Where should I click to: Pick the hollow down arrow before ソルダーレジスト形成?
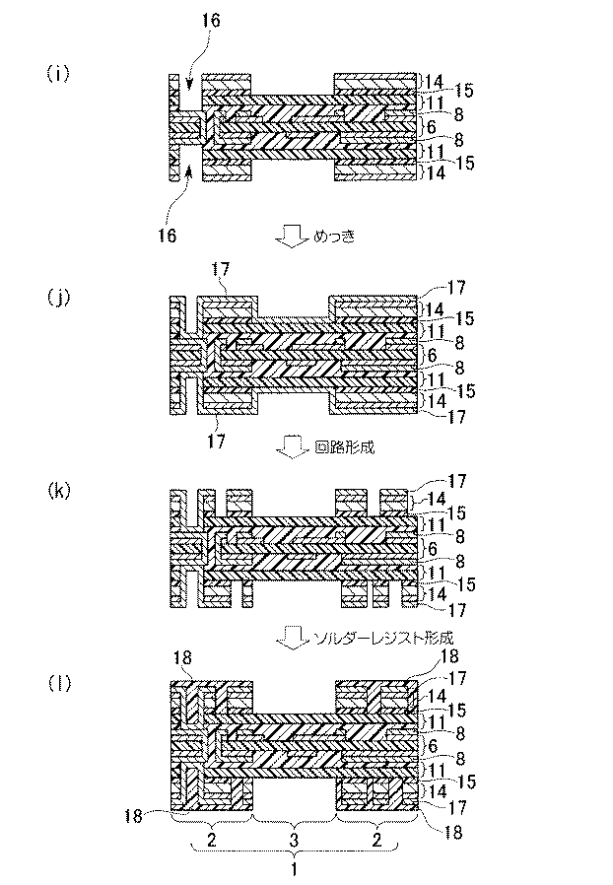(x=293, y=637)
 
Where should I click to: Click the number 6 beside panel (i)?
(x=430, y=128)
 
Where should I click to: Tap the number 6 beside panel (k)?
(x=430, y=546)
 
